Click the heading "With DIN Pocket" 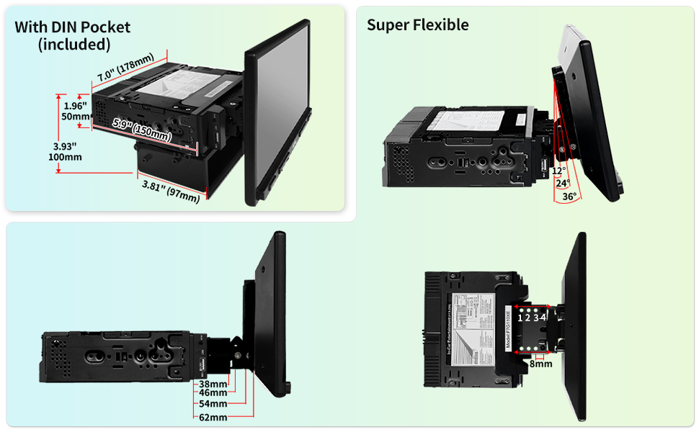click(x=73, y=27)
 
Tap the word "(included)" click(x=74, y=44)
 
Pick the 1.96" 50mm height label click(x=74, y=109)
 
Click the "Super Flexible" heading click(x=418, y=25)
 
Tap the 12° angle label click(x=558, y=171)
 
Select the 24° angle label click(x=562, y=183)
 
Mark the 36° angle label click(x=569, y=196)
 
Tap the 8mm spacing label click(x=540, y=364)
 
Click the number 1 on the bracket click(x=520, y=318)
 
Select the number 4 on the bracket click(x=543, y=318)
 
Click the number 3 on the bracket click(x=535, y=318)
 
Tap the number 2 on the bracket click(x=527, y=318)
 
